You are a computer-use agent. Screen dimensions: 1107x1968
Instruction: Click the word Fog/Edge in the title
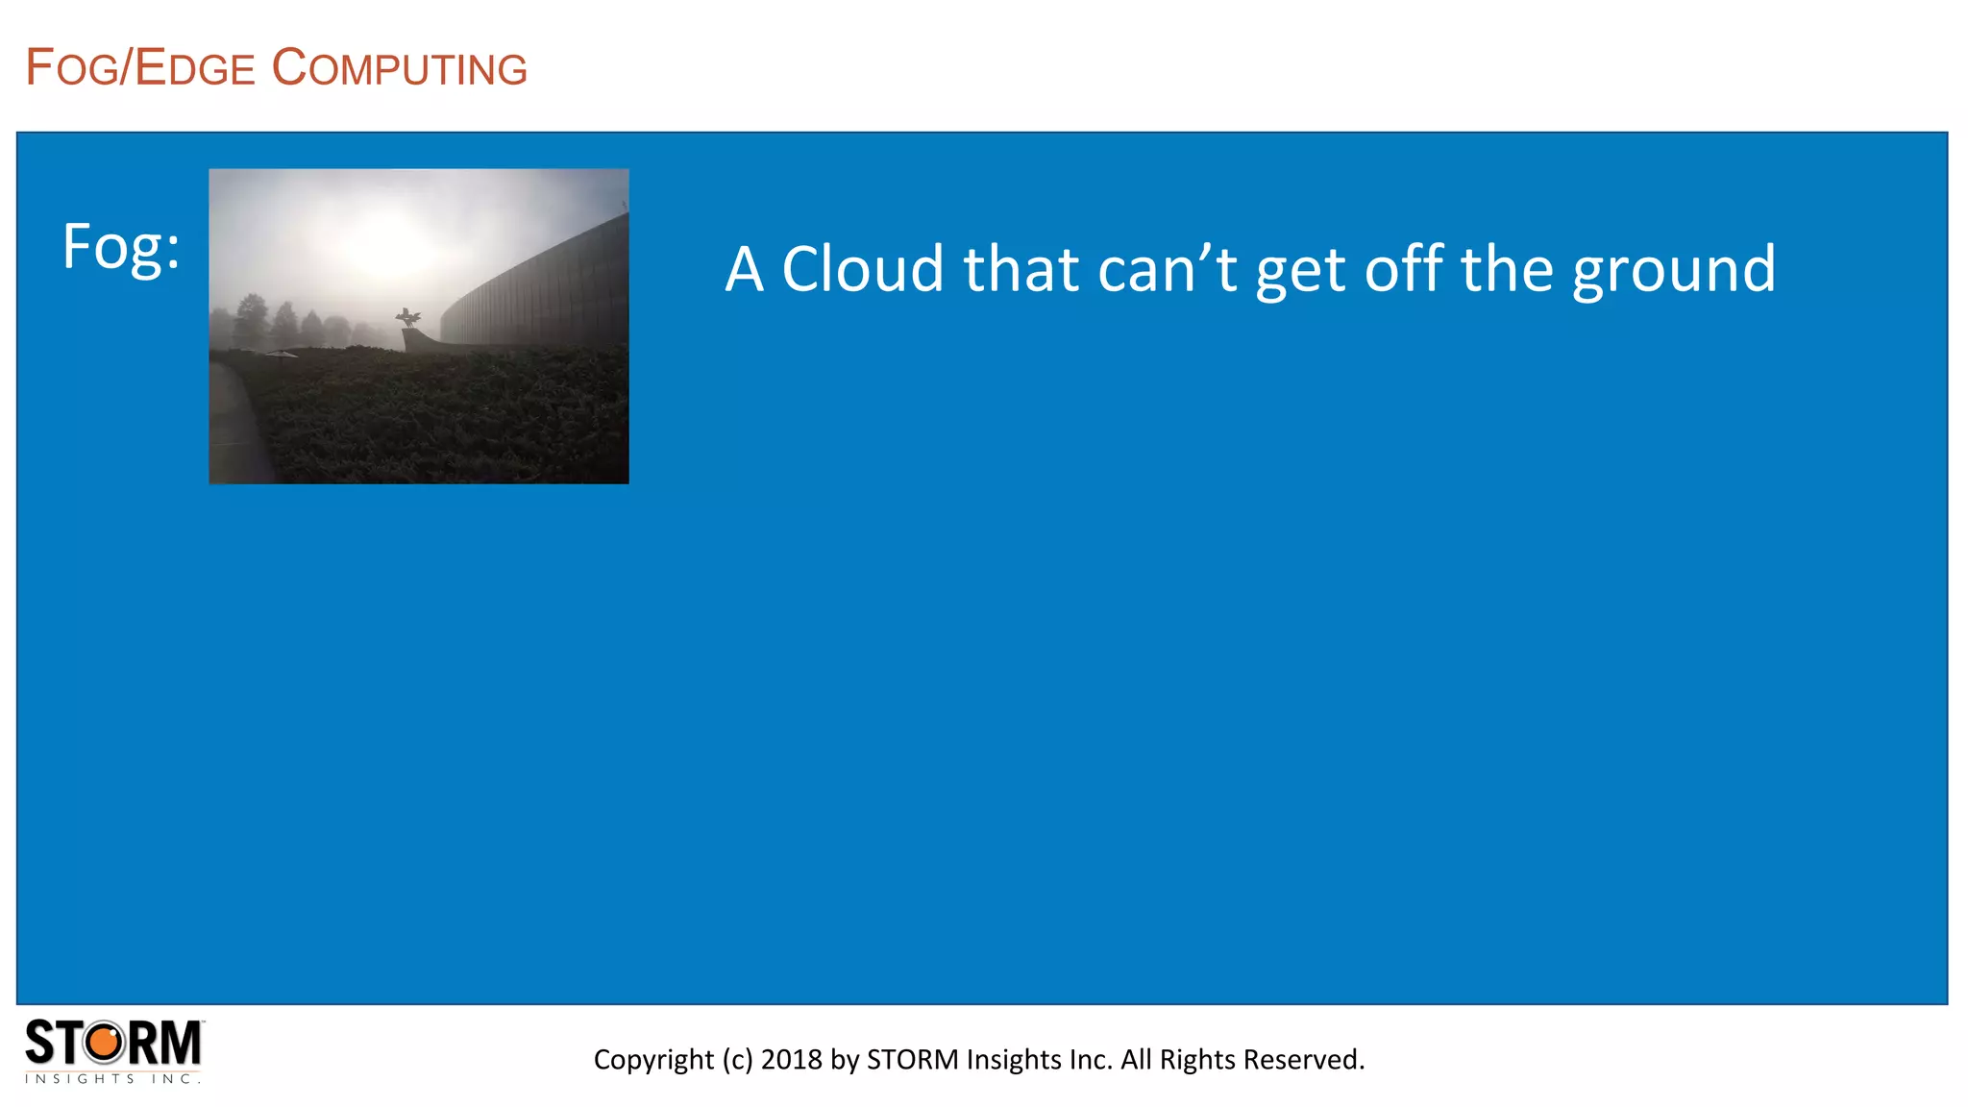[x=140, y=68]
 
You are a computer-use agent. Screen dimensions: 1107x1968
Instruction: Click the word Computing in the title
[x=400, y=68]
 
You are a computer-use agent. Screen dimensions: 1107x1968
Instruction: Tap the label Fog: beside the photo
[x=121, y=247]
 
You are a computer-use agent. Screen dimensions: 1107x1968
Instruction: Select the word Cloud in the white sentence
[x=863, y=269]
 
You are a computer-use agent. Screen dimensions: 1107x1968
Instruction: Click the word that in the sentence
[x=1021, y=269]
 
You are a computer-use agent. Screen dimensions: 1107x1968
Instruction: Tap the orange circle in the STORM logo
[x=105, y=1043]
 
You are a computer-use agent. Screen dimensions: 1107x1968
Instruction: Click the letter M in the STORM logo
[x=179, y=1044]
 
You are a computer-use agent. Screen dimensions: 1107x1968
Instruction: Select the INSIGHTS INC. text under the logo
[x=112, y=1079]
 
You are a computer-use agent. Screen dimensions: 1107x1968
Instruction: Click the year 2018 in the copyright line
[x=791, y=1059]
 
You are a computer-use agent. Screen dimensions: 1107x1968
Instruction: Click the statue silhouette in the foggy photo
[x=408, y=317]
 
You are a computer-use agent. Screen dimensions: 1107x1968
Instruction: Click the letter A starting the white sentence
[x=745, y=269]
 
